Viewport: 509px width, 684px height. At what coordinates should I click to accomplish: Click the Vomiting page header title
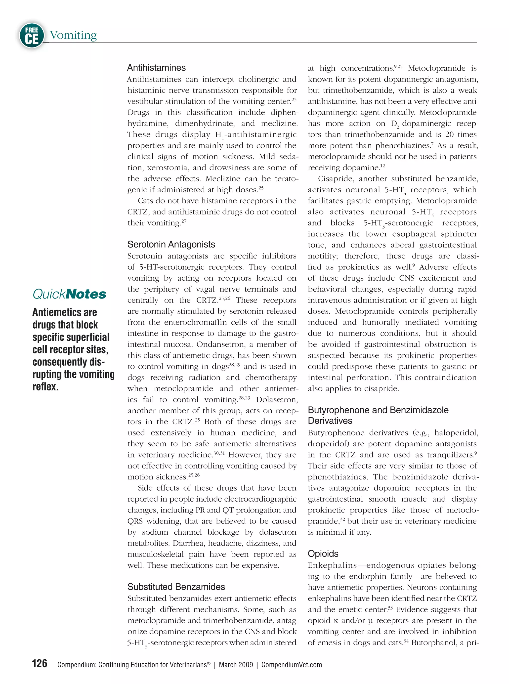(x=73, y=35)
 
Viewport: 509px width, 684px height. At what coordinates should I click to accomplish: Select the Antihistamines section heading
(x=156, y=67)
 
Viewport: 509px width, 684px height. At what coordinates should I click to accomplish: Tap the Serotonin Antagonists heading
(x=171, y=244)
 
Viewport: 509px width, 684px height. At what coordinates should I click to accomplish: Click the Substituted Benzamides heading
(x=176, y=587)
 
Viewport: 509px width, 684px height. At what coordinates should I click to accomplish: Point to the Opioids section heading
(x=323, y=554)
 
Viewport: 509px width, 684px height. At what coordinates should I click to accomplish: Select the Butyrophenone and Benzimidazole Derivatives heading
(x=378, y=415)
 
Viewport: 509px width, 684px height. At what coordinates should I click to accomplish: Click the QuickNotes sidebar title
(x=69, y=294)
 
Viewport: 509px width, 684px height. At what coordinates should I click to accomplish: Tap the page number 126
(x=40, y=663)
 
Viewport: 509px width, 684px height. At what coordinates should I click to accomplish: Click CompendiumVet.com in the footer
(x=292, y=665)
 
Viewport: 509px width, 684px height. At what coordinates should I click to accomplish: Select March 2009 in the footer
(x=236, y=665)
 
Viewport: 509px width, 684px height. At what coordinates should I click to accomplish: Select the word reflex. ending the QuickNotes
(x=45, y=386)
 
